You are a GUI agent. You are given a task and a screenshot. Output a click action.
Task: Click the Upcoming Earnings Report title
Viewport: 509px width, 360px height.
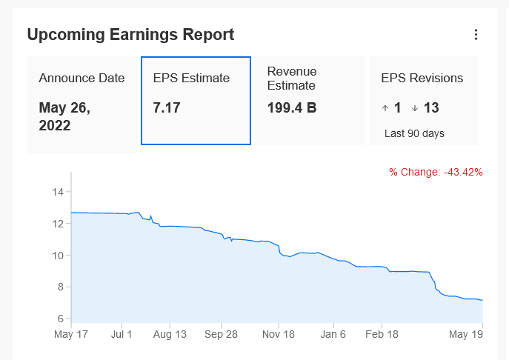(130, 34)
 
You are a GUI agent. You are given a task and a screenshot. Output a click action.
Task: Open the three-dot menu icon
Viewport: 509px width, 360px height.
(476, 35)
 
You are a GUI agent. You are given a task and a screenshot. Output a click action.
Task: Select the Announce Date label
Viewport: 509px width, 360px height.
(81, 79)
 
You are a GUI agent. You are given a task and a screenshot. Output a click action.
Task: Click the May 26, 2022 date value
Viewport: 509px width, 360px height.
(64, 116)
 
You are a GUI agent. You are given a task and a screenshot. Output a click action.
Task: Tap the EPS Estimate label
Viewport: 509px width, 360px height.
(191, 78)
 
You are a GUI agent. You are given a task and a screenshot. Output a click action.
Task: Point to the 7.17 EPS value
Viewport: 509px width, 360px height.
(167, 108)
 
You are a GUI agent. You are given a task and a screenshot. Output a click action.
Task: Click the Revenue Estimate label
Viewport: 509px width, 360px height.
(292, 78)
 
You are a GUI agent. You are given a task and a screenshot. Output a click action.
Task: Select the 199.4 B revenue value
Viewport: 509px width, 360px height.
(292, 108)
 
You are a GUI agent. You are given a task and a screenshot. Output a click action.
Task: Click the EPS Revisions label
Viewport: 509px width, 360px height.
(422, 78)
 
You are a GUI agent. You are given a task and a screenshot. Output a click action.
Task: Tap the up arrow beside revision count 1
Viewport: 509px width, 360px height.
(385, 108)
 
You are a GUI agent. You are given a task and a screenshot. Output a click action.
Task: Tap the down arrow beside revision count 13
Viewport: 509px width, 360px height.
(414, 108)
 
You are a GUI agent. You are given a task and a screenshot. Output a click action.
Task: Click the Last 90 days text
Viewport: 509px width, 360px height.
(414, 134)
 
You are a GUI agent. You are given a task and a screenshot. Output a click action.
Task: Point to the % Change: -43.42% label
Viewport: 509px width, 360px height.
(436, 172)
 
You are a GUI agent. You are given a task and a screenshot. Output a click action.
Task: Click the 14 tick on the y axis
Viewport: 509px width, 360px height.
(59, 193)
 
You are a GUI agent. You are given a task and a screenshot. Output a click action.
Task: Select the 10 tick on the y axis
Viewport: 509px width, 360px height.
(59, 256)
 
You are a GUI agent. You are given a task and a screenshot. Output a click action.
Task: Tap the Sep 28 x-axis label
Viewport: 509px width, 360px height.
(221, 334)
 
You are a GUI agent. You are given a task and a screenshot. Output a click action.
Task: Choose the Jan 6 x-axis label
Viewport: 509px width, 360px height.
(333, 334)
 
